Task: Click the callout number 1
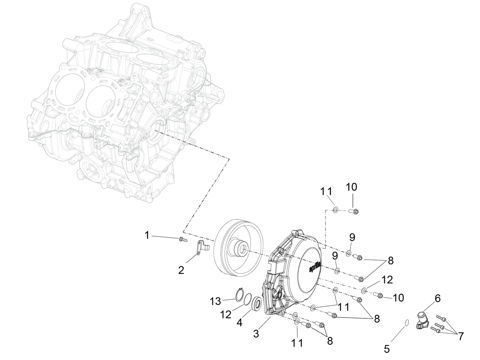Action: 147,236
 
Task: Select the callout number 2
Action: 181,270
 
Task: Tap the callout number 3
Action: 256,334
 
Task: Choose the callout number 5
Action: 387,349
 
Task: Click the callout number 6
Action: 438,298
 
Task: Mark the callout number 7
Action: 461,336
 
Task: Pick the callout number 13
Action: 215,302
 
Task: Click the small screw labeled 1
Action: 183,240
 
